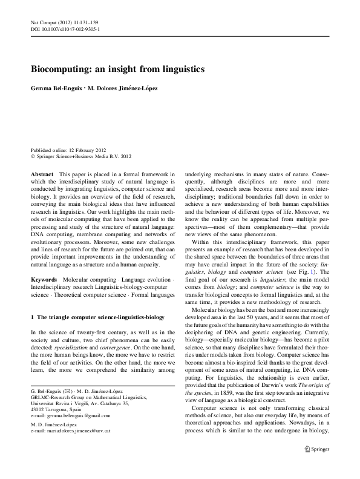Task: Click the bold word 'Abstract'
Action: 42,174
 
